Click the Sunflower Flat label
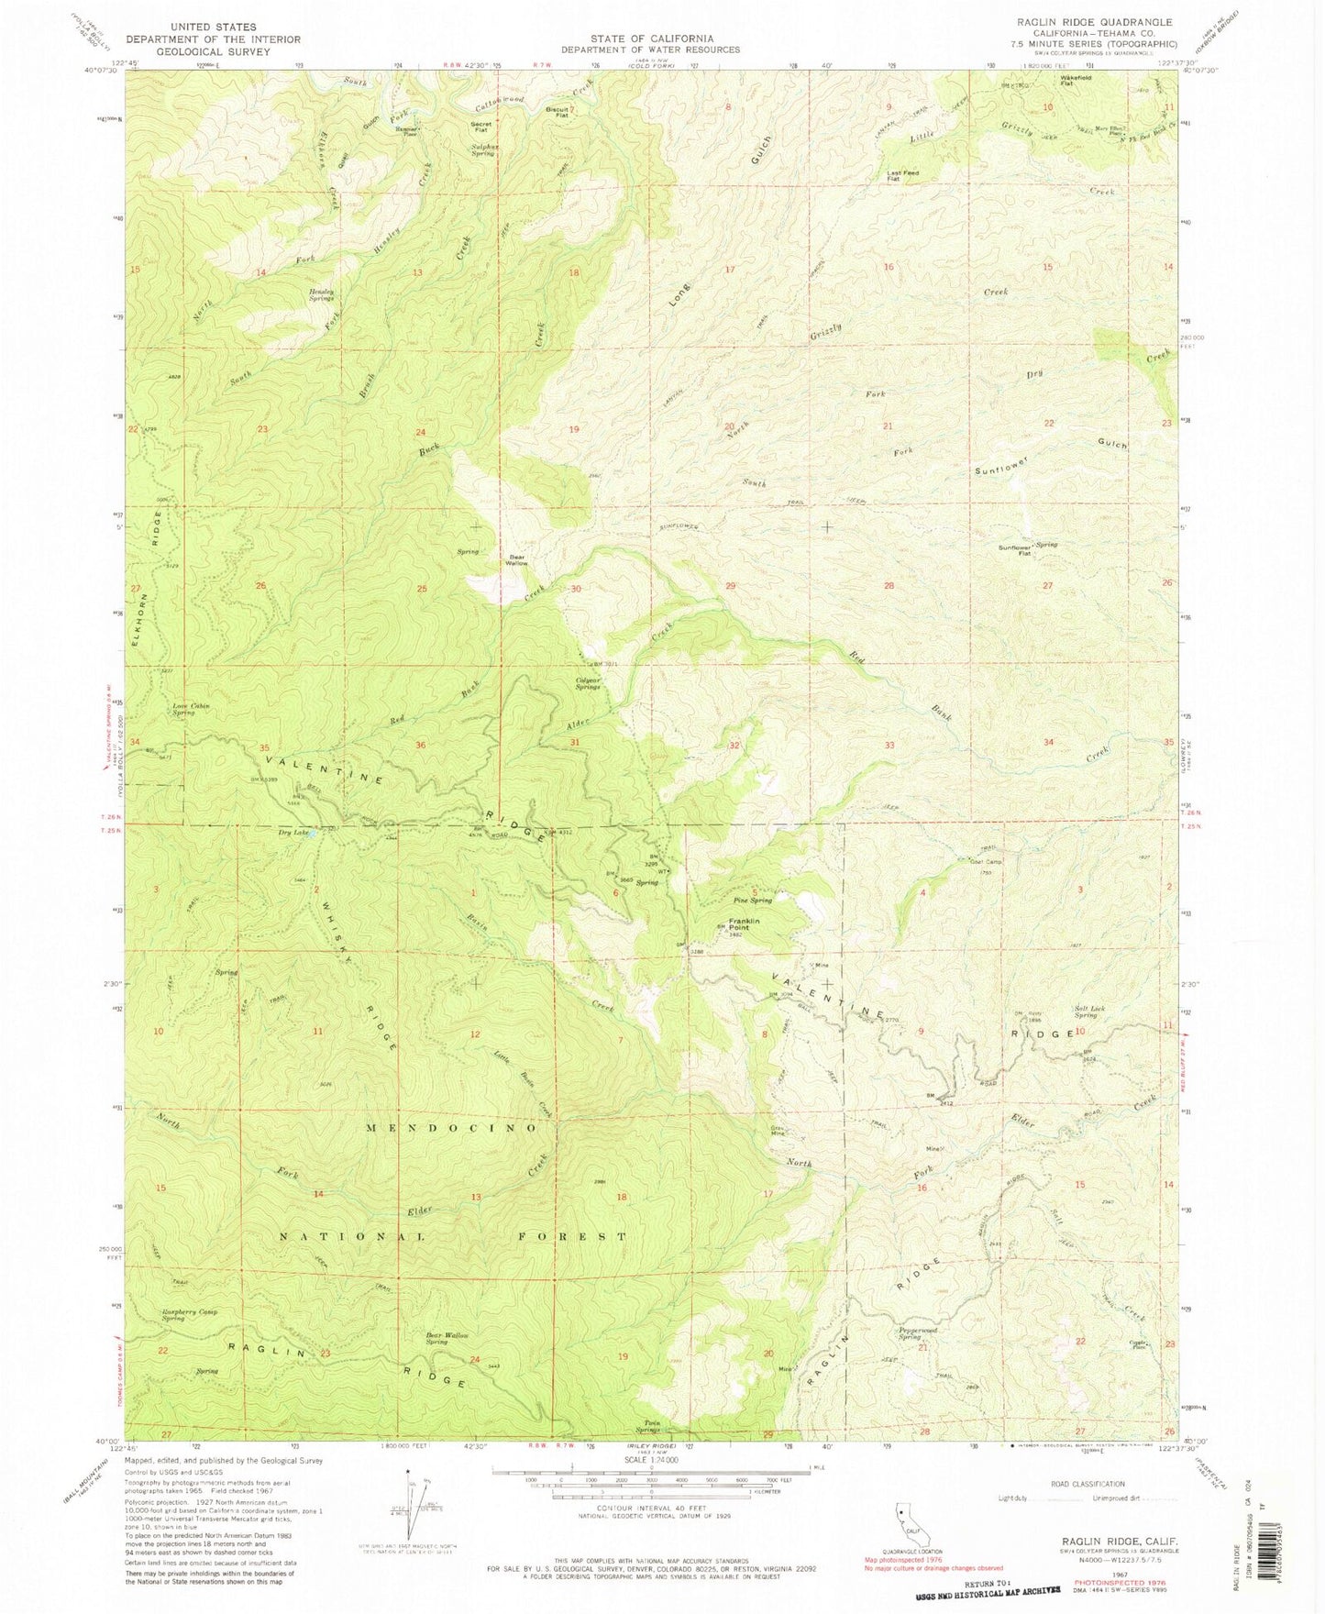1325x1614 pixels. (x=1015, y=551)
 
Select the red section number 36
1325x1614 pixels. (x=421, y=746)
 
